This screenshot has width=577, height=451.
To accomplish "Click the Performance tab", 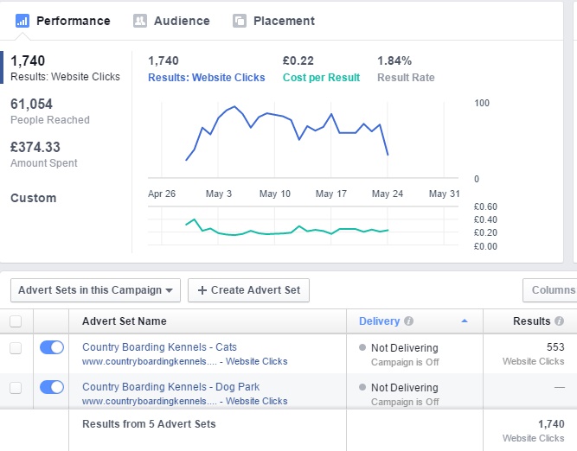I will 63,21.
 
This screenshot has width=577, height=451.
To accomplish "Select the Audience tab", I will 172,21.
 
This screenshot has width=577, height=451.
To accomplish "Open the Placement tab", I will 273,21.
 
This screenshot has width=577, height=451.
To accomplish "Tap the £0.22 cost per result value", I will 298,60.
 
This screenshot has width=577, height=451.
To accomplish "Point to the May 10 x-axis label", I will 275,194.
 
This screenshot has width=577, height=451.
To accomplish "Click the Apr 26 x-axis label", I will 162,194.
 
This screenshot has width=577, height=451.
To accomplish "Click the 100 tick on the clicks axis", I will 482,103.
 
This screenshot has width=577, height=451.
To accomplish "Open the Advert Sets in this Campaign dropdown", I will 95,290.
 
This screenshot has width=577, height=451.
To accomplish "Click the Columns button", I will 552,290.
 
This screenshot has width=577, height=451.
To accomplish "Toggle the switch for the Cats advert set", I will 52,347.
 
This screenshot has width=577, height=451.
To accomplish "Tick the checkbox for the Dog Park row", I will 16,387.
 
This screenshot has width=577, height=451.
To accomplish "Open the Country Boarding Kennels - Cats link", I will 159,347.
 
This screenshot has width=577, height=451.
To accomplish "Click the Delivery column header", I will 379,321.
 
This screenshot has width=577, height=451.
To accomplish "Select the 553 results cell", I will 555,347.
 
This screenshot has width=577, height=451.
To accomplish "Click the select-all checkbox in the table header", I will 16,321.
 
